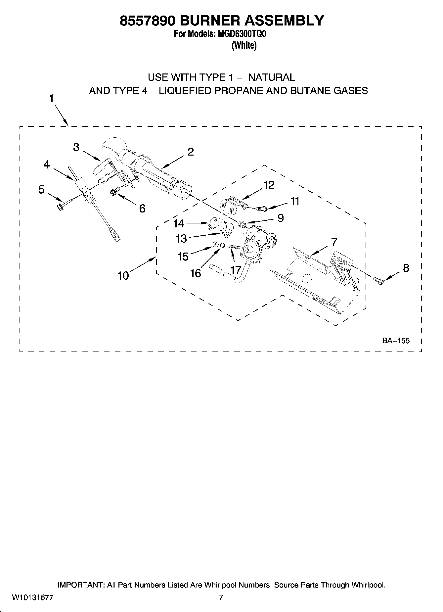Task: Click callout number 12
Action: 269,185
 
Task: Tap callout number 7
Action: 334,242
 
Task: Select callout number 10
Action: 123,275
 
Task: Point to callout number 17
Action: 235,270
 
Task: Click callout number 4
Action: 46,164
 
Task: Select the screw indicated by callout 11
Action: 263,209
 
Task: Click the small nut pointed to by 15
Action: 214,245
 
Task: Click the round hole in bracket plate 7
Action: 307,278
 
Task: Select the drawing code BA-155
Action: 396,341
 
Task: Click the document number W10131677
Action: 33,598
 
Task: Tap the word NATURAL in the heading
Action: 271,77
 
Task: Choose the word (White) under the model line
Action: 244,46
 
